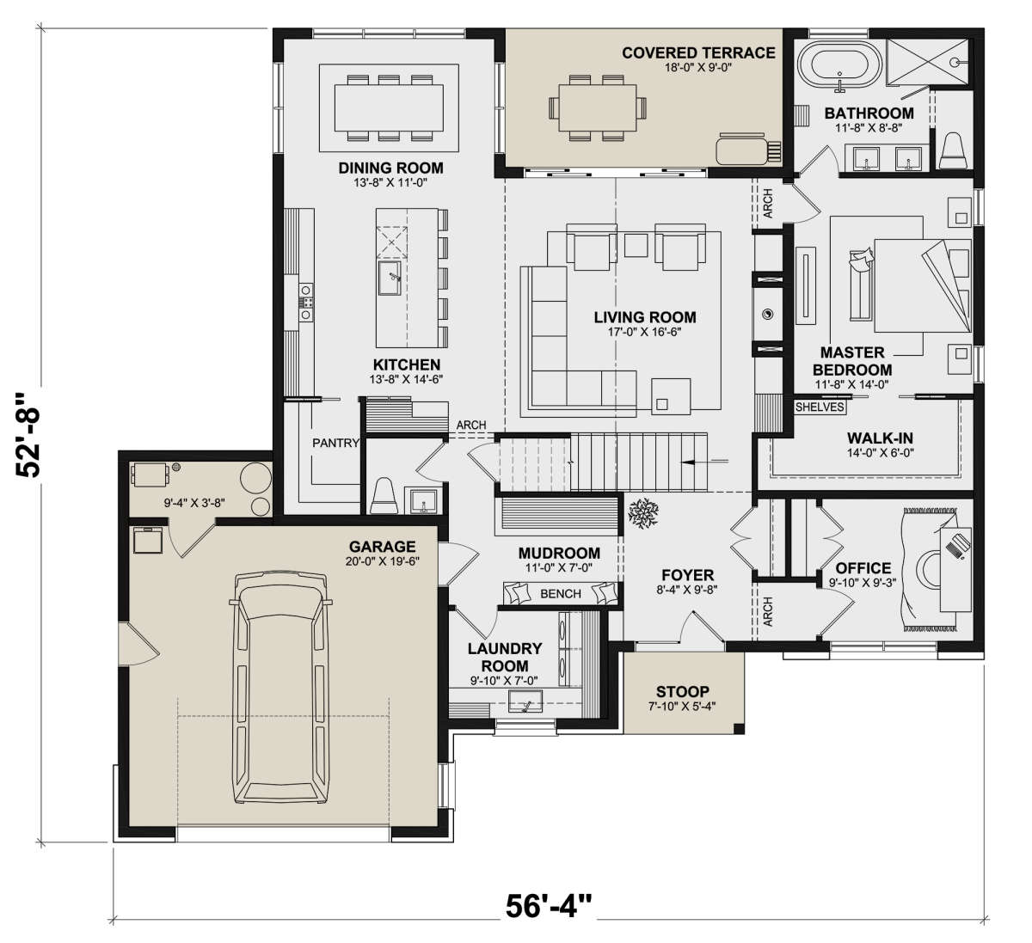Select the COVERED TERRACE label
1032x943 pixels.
pos(698,53)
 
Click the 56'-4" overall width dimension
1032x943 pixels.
pos(549,906)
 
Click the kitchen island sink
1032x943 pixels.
pos(390,278)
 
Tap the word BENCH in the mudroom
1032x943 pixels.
pos(560,594)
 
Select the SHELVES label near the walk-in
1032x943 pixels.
pos(820,407)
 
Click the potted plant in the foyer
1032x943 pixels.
pos(643,512)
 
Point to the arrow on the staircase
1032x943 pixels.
pos(704,461)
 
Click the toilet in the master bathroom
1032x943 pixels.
pos(953,150)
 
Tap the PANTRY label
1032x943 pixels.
pos(335,443)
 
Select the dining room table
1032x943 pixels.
pos(389,108)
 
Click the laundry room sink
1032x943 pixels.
pos(525,701)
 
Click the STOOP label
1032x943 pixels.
pos(682,691)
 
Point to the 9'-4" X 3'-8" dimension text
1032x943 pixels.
pos(194,503)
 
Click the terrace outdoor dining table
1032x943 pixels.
pos(598,108)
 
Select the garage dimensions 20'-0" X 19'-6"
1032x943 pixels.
pos(382,561)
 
